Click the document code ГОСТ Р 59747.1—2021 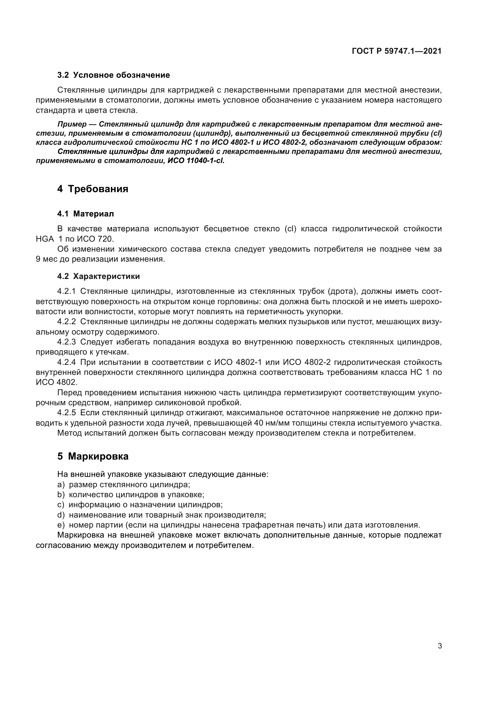click(x=397, y=51)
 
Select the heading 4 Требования click(x=93, y=189)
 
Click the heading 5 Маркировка click(x=93, y=457)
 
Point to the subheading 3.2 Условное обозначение click(x=114, y=75)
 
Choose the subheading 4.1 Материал click(x=85, y=214)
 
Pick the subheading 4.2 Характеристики click(x=98, y=277)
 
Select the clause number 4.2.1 click(x=66, y=292)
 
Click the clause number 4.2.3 click(x=66, y=342)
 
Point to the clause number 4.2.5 click(x=66, y=413)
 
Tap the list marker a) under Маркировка click(x=61, y=485)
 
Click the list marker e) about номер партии click(x=61, y=525)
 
